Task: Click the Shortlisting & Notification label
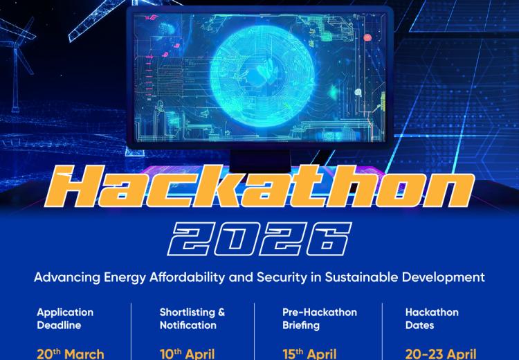pyautogui.click(x=192, y=318)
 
